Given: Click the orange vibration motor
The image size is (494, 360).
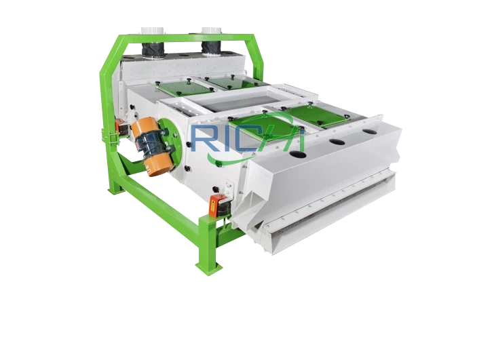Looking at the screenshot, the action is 152,146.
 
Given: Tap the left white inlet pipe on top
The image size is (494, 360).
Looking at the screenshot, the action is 153,31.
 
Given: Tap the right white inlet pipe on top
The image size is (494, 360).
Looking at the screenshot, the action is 212,31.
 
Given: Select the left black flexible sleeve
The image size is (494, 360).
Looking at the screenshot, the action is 152,49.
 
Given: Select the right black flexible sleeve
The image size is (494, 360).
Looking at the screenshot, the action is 212,47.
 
